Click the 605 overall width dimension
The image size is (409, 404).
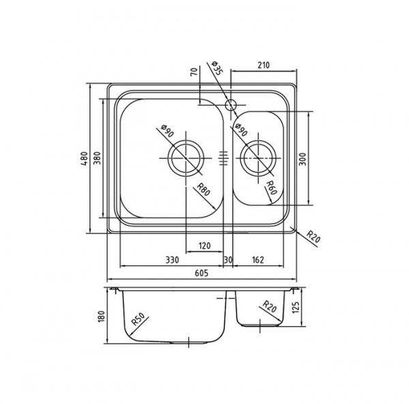[x=202, y=273]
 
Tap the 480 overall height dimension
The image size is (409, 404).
[x=84, y=159]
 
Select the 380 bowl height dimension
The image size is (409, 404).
[x=97, y=159]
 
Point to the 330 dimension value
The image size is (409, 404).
[x=172, y=260]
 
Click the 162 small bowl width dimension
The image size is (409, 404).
[x=258, y=260]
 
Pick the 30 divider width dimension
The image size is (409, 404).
[x=228, y=260]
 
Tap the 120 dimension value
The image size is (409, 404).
[x=204, y=245]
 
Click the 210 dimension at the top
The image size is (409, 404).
[x=263, y=65]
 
